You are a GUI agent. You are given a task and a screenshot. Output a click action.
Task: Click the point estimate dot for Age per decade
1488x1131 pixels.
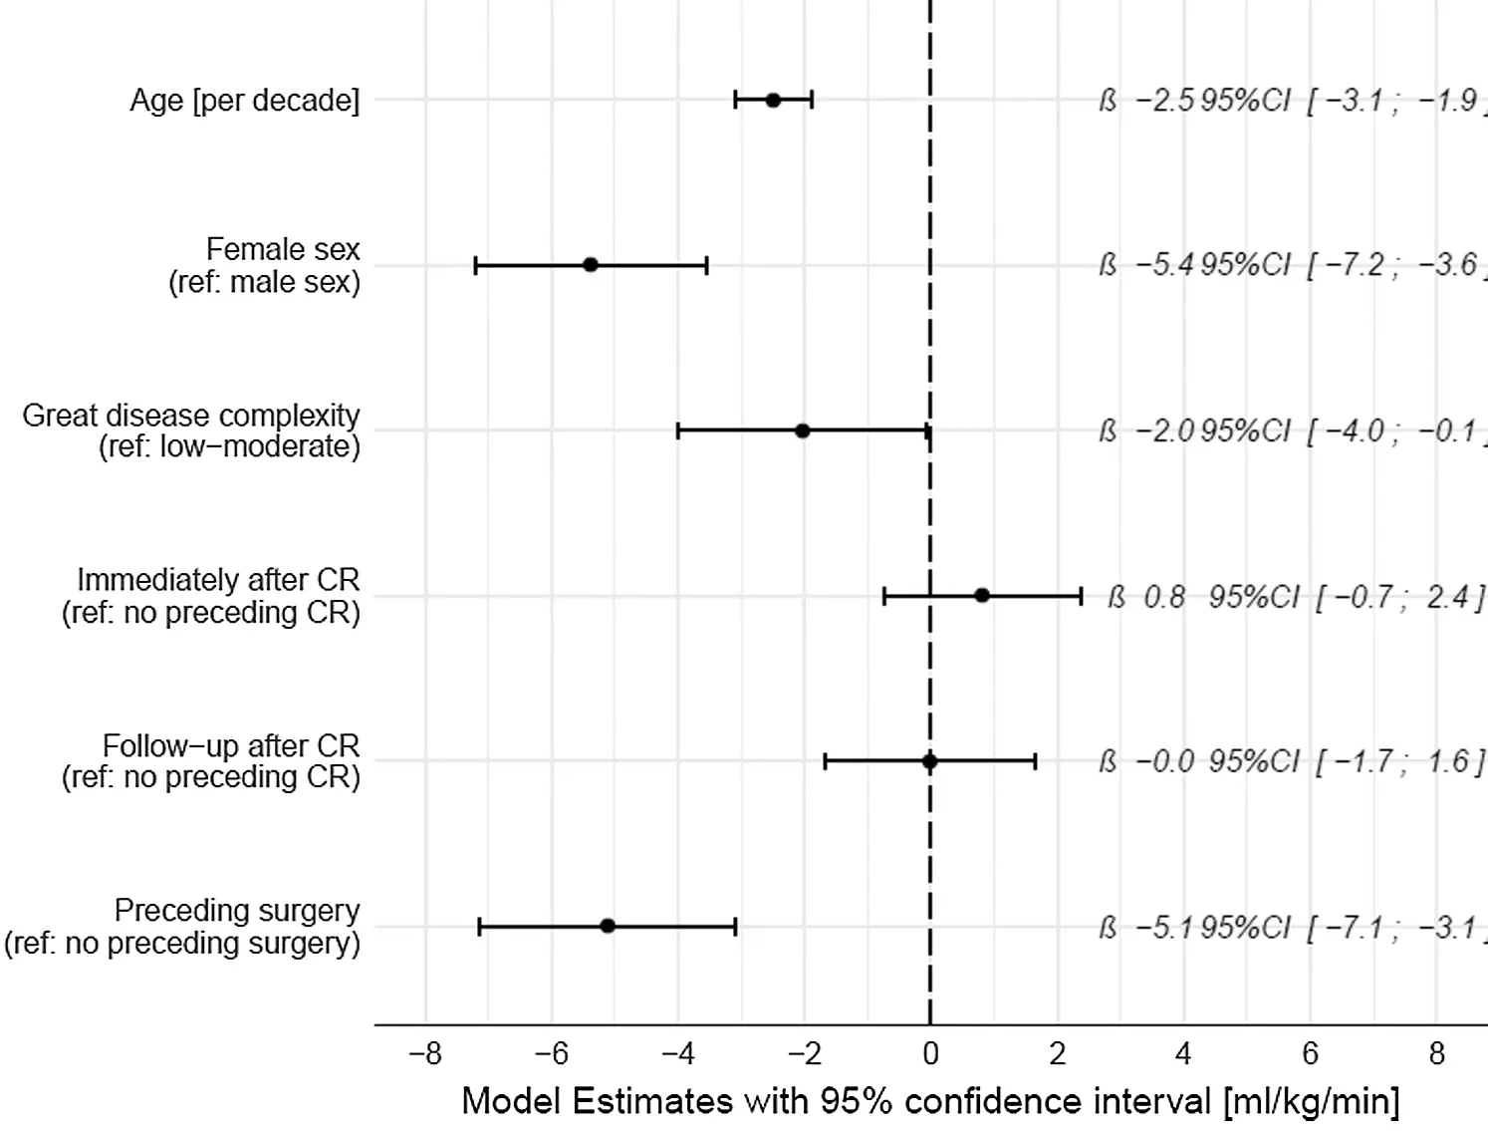coord(773,100)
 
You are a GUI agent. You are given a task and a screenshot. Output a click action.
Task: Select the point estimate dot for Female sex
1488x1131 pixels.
coord(590,265)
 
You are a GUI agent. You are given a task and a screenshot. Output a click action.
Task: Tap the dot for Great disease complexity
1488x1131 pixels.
coord(802,430)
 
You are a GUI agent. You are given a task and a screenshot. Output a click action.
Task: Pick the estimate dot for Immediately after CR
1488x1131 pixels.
coord(981,596)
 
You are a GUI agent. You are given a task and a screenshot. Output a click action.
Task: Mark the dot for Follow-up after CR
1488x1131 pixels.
coord(929,761)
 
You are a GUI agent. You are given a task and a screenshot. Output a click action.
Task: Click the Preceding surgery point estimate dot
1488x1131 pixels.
coord(608,927)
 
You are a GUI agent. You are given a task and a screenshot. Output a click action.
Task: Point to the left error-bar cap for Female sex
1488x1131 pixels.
coord(476,265)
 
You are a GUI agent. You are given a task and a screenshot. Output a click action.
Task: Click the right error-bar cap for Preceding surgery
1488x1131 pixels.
coord(735,927)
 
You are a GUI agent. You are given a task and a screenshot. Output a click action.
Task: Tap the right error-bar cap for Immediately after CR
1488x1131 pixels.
coord(1081,596)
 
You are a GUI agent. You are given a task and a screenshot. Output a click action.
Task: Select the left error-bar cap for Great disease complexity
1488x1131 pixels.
coord(678,430)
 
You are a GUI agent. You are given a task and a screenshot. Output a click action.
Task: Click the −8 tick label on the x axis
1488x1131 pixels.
coord(425,1054)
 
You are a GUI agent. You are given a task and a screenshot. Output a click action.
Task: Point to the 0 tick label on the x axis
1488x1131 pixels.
coord(930,1054)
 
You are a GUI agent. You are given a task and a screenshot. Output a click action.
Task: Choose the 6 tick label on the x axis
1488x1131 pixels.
coord(1310,1054)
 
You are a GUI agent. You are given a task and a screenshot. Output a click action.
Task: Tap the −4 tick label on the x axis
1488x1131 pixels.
coord(677,1054)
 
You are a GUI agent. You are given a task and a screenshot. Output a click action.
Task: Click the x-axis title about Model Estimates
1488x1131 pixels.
coord(930,1101)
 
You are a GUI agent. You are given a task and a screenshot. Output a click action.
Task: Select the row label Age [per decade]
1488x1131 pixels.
coord(245,101)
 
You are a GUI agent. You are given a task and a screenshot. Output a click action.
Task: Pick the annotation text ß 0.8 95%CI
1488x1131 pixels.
coord(1295,597)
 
